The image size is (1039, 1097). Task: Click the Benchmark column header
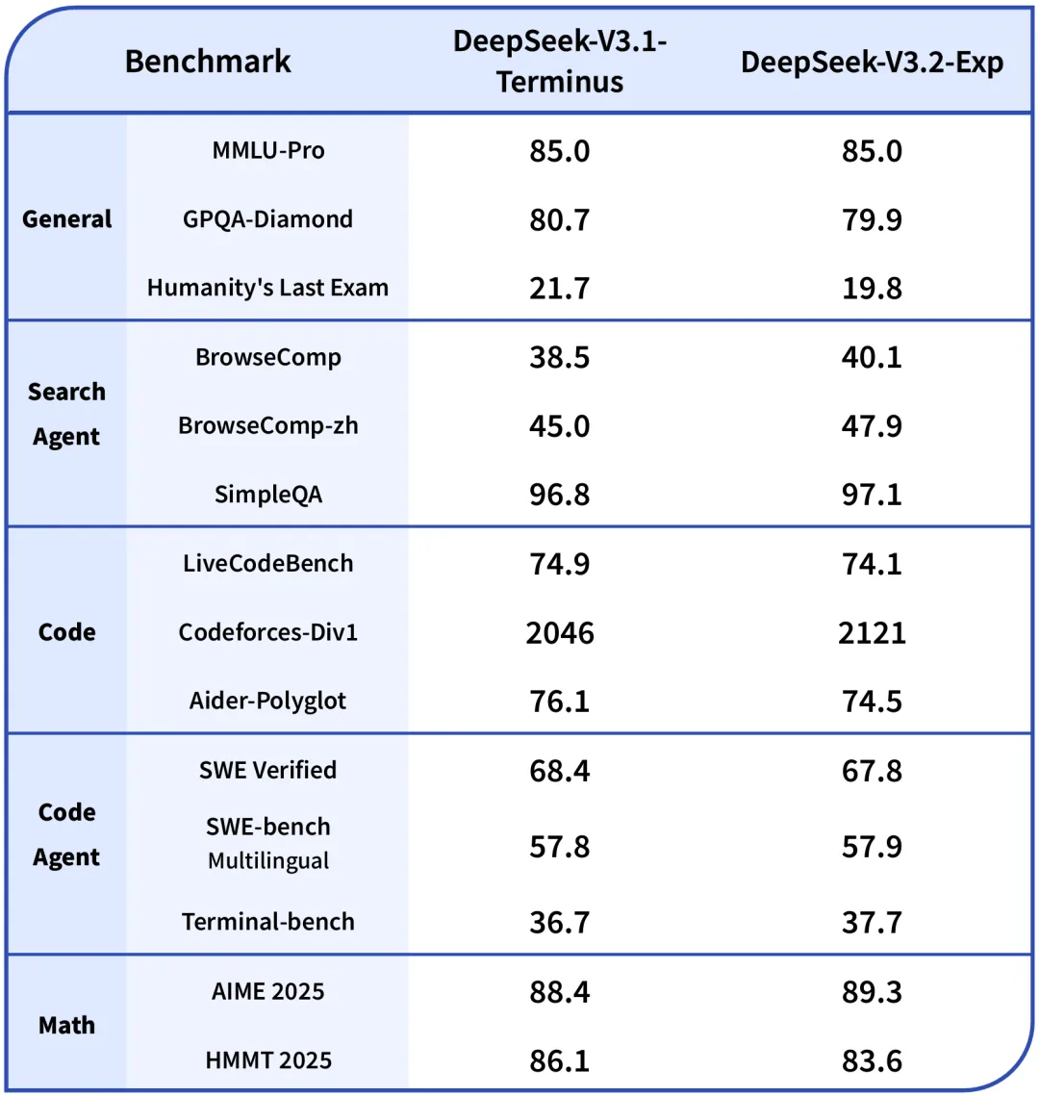208,62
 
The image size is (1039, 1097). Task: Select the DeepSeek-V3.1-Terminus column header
560,62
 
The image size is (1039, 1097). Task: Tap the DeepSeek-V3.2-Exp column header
872,63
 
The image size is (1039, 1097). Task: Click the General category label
67,218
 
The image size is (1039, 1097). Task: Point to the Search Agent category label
66,414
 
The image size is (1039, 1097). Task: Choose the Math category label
66,1025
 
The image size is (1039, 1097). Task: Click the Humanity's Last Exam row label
267,288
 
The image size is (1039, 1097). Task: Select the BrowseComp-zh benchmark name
267,425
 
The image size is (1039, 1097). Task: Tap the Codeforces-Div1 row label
267,632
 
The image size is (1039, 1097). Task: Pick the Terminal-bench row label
267,922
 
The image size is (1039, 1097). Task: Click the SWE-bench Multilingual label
267,843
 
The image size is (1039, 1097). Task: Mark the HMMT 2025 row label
267,1060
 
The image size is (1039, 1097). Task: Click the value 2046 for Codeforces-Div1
560,633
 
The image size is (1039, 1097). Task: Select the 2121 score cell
872,633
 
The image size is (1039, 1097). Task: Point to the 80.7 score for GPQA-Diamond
560,219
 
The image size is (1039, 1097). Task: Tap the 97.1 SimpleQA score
872,495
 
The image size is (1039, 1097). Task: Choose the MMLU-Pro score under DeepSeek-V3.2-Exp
872,151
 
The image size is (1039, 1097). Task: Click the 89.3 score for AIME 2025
872,991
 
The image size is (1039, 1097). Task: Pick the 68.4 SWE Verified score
560,771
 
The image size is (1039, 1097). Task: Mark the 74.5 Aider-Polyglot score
872,702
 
